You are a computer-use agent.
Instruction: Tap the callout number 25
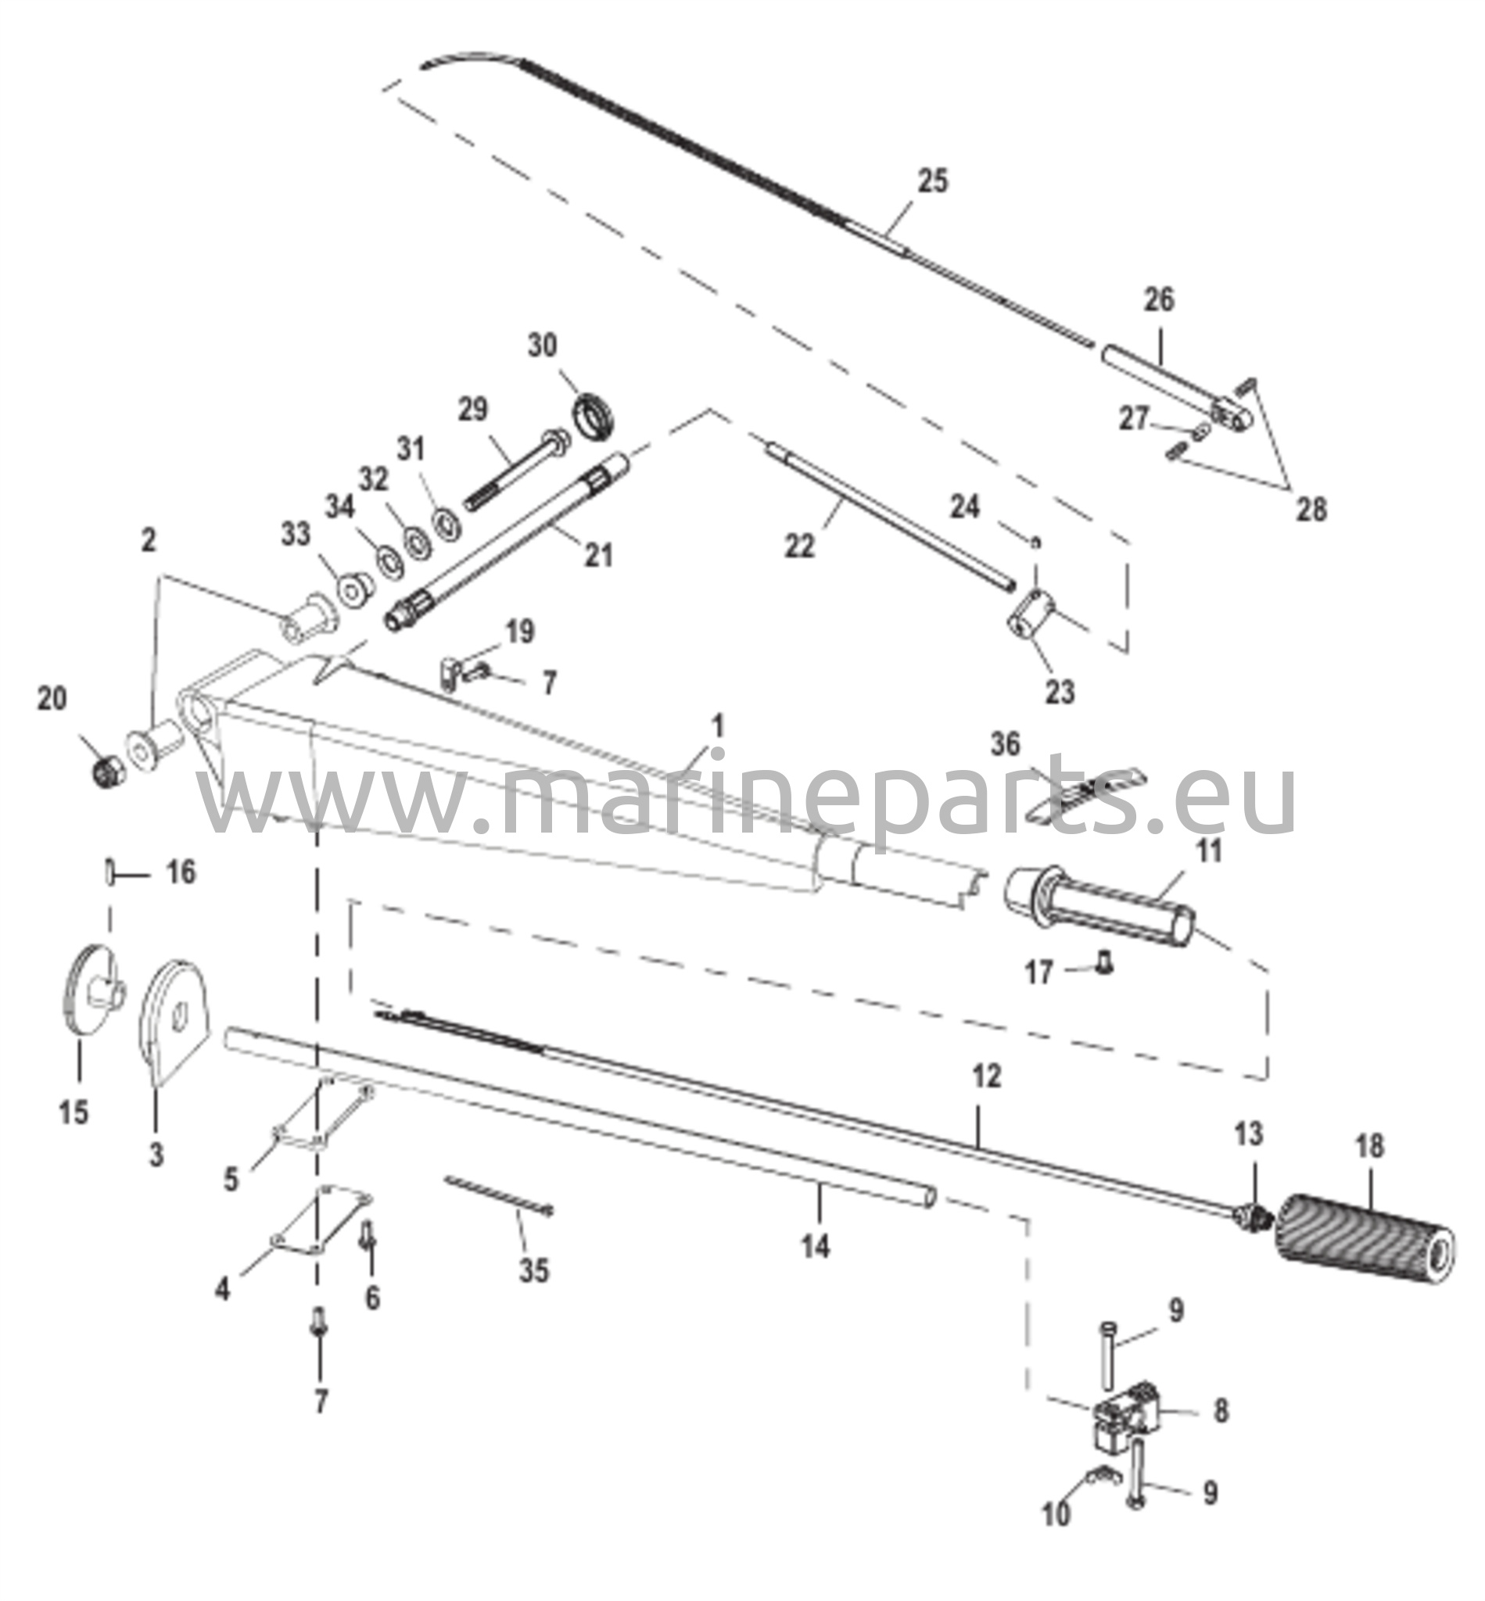click(x=933, y=181)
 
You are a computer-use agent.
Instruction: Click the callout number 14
click(x=815, y=1247)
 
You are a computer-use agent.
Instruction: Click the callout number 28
click(x=1311, y=509)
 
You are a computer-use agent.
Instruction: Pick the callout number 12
click(x=987, y=1076)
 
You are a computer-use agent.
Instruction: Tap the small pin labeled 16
click(x=109, y=872)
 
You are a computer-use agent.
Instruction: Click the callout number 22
click(x=799, y=546)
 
